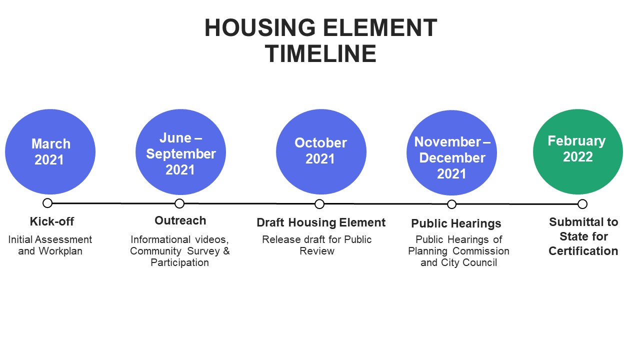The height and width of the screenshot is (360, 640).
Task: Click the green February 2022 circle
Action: (577, 151)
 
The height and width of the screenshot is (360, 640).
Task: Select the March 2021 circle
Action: (50, 152)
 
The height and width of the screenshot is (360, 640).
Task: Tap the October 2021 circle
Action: (321, 152)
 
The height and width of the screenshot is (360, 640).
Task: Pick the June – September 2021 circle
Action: (180, 152)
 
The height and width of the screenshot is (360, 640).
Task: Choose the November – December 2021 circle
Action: (451, 152)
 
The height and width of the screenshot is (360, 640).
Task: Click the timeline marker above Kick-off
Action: (47, 203)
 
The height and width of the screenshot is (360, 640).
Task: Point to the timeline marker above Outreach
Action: (179, 203)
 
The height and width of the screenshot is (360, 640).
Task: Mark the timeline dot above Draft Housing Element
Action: (319, 204)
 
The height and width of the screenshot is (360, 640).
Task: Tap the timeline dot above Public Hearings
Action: (451, 204)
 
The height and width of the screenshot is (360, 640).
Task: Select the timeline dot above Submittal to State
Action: (582, 204)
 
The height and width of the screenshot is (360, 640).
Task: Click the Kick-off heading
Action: (52, 221)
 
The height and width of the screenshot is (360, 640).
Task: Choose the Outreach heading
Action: (180, 220)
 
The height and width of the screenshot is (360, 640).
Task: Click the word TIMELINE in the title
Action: (320, 54)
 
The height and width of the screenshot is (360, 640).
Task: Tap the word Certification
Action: (583, 251)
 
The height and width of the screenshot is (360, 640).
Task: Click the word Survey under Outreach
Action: (197, 251)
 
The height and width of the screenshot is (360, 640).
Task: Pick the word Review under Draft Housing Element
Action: (317, 251)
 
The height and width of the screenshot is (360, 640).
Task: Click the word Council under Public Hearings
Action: (480, 262)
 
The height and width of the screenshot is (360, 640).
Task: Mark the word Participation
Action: (179, 262)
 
